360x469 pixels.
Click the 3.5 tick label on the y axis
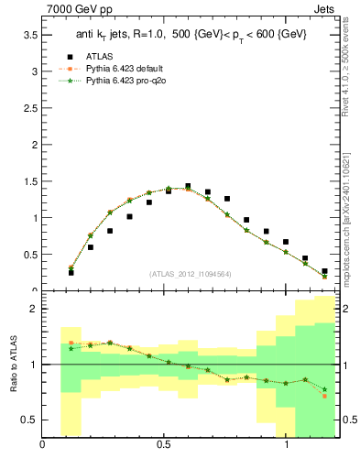pyautogui.click(x=28, y=35)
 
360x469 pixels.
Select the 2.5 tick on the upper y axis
pyautogui.click(x=28, y=108)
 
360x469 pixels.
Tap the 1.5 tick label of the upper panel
pyautogui.click(x=28, y=181)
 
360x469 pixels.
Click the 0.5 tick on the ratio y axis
pyautogui.click(x=28, y=420)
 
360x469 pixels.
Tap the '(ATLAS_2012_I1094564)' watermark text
pyautogui.click(x=190, y=274)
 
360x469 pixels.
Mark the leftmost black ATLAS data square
pyautogui.click(x=71, y=273)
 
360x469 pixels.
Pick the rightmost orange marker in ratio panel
pyautogui.click(x=324, y=396)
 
